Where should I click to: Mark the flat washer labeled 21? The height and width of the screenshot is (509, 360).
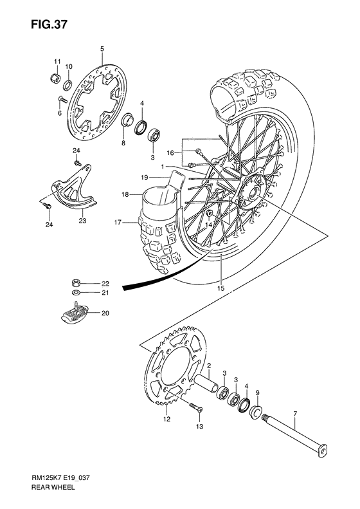tap(76, 293)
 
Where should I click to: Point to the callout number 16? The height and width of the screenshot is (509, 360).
tap(170, 153)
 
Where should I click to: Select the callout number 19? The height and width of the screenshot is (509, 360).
tap(145, 177)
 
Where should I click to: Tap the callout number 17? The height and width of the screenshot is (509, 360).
tap(118, 223)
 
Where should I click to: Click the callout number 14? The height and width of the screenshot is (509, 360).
tap(208, 225)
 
